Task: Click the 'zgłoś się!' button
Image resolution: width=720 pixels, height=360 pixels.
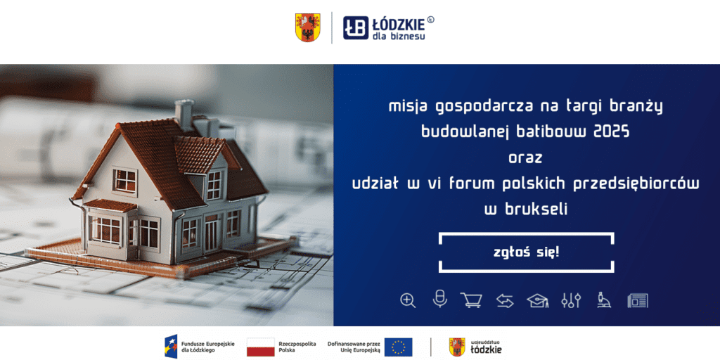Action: [526, 252]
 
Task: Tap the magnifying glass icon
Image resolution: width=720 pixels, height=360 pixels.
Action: [408, 300]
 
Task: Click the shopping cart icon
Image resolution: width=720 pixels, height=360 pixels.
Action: [472, 300]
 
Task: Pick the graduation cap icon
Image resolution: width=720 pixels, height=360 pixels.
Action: [538, 301]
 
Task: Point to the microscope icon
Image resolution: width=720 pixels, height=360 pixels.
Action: [604, 300]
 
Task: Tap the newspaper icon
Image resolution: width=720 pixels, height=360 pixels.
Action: [638, 301]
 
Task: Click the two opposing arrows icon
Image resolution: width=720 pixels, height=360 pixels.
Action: [505, 301]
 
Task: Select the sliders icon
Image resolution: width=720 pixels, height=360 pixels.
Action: [571, 300]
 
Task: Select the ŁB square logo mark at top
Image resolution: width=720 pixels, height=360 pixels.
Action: [356, 28]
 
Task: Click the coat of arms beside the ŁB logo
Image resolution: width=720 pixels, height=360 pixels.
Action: [308, 27]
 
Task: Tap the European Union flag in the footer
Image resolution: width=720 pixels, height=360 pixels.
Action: [398, 347]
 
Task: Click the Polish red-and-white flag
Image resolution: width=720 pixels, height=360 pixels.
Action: [261, 347]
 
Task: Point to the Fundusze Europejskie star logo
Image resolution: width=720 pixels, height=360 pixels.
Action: [171, 347]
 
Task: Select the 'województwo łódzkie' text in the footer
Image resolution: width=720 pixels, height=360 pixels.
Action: [487, 347]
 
